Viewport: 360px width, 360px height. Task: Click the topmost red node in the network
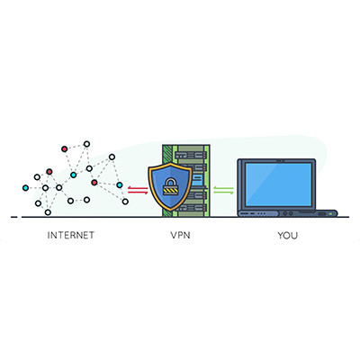pyautogui.click(x=64, y=148)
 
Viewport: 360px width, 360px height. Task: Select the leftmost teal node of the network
pyautogui.click(x=24, y=188)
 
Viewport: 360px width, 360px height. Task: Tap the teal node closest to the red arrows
pyautogui.click(x=120, y=184)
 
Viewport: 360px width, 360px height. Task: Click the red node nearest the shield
pyautogui.click(x=94, y=182)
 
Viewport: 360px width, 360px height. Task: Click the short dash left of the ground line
pyautogui.click(x=13, y=217)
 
